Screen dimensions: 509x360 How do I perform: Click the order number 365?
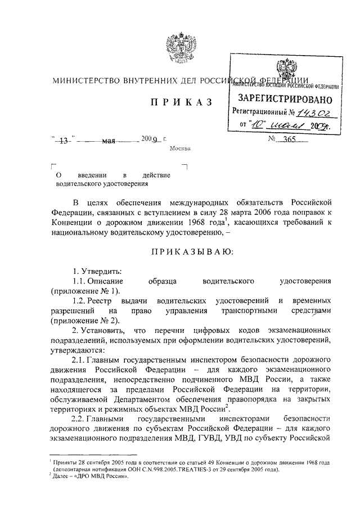293,139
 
